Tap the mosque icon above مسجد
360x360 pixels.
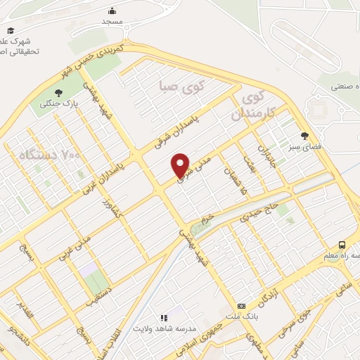point(112,11)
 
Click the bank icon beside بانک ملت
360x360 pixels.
point(241,307)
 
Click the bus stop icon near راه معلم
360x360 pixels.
point(342,245)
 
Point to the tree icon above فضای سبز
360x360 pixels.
point(304,136)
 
